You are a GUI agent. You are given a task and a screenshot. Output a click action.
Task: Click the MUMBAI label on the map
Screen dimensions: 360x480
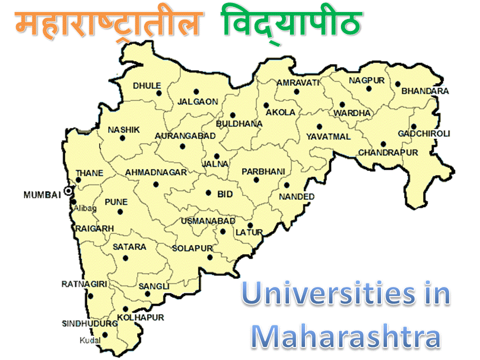point(42,195)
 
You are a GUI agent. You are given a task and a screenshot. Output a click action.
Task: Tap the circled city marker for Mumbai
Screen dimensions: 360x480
point(68,191)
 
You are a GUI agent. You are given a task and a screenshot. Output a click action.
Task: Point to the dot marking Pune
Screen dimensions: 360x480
point(120,212)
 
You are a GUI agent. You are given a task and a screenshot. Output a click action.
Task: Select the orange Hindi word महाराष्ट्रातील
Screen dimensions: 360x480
point(109,24)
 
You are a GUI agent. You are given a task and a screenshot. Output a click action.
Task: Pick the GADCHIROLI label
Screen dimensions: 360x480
point(424,133)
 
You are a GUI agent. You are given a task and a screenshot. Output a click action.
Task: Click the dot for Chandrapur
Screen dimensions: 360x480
point(383,144)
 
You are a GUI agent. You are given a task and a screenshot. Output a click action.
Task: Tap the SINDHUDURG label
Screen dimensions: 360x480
point(89,323)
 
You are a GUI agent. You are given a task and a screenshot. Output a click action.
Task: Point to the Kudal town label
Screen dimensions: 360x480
point(90,341)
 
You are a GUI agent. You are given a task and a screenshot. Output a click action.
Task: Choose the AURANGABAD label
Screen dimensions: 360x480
point(185,135)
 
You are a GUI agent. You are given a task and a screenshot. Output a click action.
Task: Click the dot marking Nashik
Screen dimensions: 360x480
point(122,138)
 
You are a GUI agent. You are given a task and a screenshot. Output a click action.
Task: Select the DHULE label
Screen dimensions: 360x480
point(147,85)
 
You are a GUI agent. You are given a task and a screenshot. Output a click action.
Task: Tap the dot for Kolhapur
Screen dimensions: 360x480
point(125,309)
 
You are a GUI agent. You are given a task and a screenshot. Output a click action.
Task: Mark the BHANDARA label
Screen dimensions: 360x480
point(425,91)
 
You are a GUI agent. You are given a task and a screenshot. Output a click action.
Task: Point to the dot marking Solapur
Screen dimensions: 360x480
point(210,257)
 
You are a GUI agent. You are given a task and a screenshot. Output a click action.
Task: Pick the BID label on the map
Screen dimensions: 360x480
point(225,194)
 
